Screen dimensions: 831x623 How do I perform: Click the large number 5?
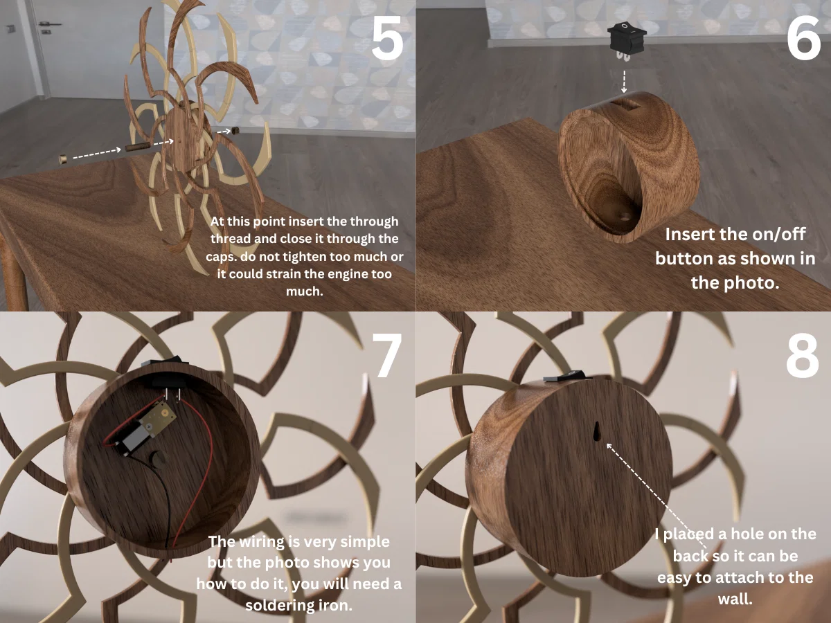pyautogui.click(x=387, y=38)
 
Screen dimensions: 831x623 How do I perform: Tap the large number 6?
pyautogui.click(x=803, y=38)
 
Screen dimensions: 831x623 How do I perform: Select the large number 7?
pyautogui.click(x=387, y=355)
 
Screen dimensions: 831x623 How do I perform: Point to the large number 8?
pyautogui.click(x=803, y=356)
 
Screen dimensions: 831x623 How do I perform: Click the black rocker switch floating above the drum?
pyautogui.click(x=627, y=41)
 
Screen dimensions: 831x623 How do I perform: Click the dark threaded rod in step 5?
pyautogui.click(x=138, y=147)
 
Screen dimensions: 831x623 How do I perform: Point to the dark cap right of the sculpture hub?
pyautogui.click(x=235, y=131)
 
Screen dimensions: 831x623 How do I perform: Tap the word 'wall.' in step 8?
pyautogui.click(x=735, y=599)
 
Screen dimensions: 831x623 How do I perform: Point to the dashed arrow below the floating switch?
pyautogui.click(x=624, y=81)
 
